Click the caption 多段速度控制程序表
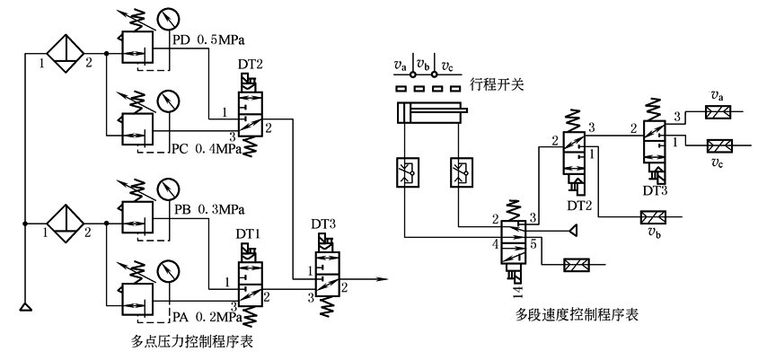coord(569,315)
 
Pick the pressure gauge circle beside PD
coord(167,19)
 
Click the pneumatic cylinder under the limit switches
coord(428,114)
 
